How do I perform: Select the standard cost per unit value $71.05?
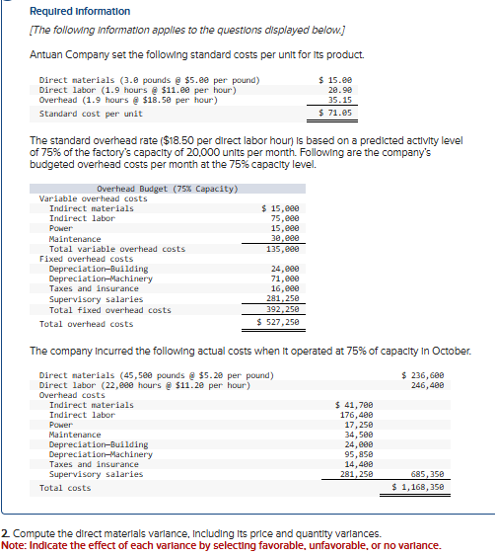coord(336,114)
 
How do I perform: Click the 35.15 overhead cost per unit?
coord(340,100)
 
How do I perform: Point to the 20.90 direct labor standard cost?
coord(340,90)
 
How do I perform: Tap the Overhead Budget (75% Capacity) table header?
coord(168,189)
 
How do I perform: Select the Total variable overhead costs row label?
coord(116,249)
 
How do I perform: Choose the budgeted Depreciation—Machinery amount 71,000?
coord(282,279)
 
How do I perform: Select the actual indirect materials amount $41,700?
coord(354,405)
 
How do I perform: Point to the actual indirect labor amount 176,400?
coord(355,415)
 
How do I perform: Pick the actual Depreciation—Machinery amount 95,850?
coord(357,454)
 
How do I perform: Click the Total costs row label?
coord(64,488)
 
